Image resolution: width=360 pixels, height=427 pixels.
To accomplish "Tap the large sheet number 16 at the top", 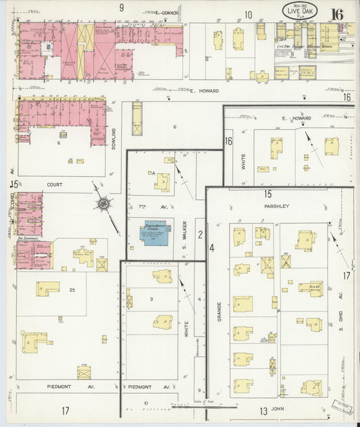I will coord(336,14).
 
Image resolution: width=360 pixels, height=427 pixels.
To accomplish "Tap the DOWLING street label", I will coord(114,141).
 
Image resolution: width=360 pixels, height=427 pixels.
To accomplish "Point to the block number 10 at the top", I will coord(249,14).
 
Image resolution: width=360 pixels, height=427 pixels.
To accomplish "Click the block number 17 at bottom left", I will coord(65,410).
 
